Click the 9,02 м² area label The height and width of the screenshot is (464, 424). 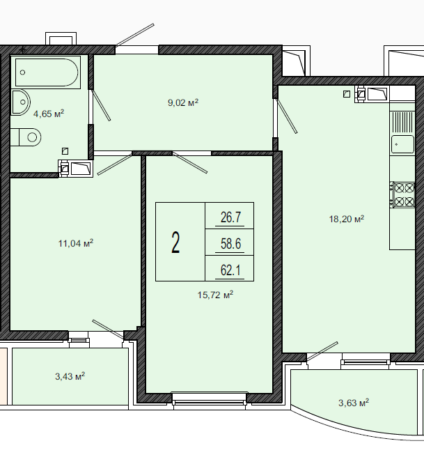(183, 102)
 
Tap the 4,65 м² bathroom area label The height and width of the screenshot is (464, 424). (49, 114)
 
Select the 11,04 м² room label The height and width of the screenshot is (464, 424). (76, 244)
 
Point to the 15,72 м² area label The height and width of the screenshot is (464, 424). (216, 295)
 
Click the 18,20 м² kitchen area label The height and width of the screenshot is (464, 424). (347, 219)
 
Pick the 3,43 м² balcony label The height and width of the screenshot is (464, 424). (70, 376)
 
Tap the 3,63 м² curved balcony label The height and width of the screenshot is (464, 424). (354, 403)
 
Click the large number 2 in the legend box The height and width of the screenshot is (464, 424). (175, 242)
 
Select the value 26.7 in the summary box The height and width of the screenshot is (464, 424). (230, 217)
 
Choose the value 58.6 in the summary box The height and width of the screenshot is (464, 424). (230, 244)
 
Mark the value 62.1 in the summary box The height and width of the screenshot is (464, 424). (230, 270)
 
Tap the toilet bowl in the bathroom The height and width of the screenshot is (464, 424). (26, 137)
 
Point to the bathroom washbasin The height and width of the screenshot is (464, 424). (21, 102)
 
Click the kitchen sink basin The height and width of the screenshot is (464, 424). (402, 144)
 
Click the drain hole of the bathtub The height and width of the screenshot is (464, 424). (22, 72)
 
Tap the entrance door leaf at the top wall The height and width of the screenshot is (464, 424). (135, 35)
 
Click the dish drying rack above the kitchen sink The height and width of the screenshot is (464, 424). (402, 122)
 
